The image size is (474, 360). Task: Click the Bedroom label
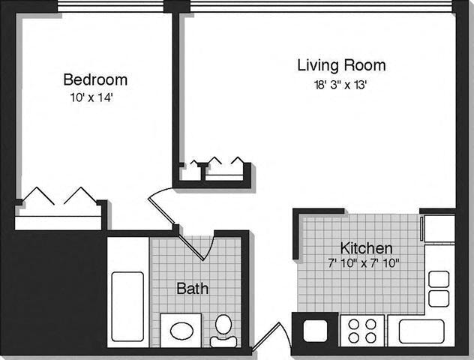pyautogui.click(x=94, y=79)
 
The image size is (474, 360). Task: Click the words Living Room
pyautogui.click(x=341, y=64)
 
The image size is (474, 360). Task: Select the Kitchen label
pyautogui.click(x=367, y=247)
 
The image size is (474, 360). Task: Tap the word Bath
pyautogui.click(x=192, y=288)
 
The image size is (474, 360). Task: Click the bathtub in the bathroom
pyautogui.click(x=127, y=306)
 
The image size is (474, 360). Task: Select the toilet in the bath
pyautogui.click(x=223, y=331)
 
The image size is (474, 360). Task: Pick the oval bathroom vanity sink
pyautogui.click(x=181, y=330)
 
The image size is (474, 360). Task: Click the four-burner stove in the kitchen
pyautogui.click(x=362, y=329)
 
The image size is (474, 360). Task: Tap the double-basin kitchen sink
pyautogui.click(x=438, y=289)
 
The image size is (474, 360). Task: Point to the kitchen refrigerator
pyautogui.click(x=438, y=228)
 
